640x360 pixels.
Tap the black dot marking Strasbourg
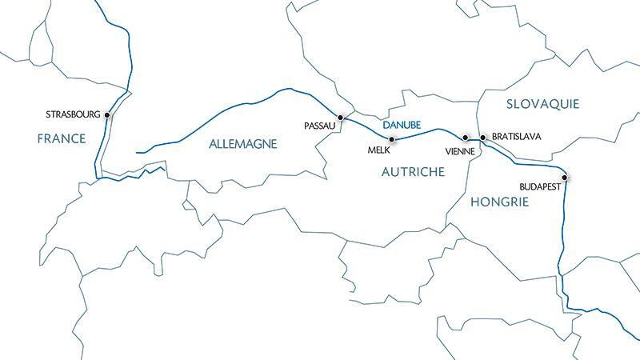[x=107, y=115]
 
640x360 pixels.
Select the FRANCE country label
[x=62, y=139]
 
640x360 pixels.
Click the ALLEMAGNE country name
[x=242, y=144]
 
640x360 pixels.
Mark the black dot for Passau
[x=341, y=118]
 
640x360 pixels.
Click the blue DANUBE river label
[x=402, y=126]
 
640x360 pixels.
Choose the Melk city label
[x=378, y=150]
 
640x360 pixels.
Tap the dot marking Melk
[x=391, y=139]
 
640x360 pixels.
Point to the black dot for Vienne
[x=466, y=137]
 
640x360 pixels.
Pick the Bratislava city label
[x=517, y=137]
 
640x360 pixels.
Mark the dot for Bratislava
[x=482, y=137]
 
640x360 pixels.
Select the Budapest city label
[x=542, y=186]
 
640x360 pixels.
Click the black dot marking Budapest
[x=565, y=177]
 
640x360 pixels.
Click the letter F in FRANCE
[x=41, y=139]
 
